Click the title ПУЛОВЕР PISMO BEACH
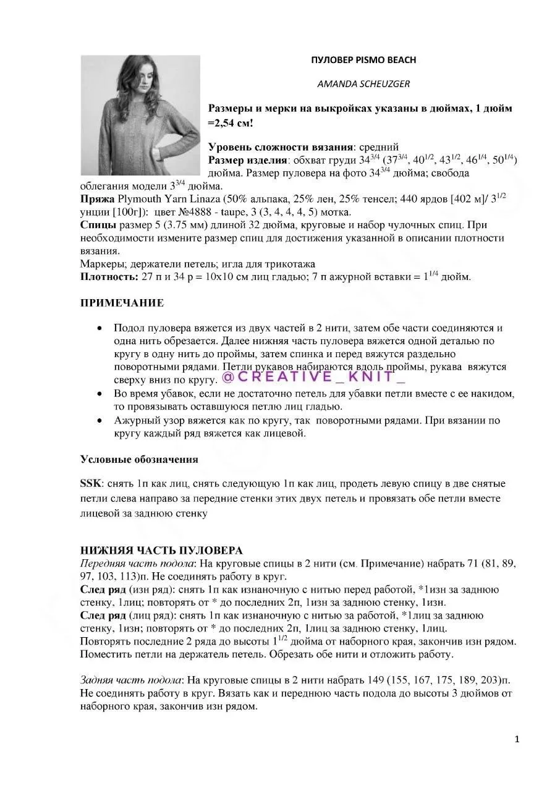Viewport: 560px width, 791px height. pos(363,60)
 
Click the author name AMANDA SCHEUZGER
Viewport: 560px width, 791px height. pos(363,84)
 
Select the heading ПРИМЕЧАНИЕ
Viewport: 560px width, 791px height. pos(122,303)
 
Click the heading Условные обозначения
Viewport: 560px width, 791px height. pos(139,459)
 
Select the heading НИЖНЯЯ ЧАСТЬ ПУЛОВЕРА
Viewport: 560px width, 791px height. pos(161,551)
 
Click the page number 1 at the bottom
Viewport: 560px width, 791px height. pos(517,739)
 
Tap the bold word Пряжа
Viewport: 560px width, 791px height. pos(97,199)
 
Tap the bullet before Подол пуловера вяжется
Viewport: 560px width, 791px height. pos(100,328)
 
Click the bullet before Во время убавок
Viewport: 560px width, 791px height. pos(100,393)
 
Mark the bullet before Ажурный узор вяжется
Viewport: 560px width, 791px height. pos(100,420)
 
